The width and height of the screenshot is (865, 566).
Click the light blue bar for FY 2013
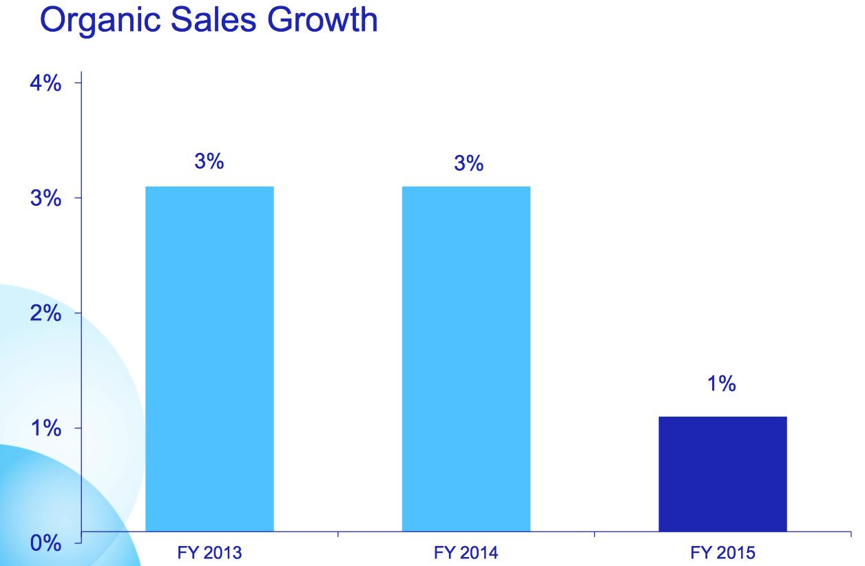(209, 358)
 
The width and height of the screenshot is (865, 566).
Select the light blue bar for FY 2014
(466, 358)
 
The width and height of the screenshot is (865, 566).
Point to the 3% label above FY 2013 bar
(209, 162)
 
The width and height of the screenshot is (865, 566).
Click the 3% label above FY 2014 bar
(469, 164)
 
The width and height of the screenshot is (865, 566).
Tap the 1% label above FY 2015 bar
(721, 384)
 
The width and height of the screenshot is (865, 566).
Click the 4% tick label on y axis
(46, 83)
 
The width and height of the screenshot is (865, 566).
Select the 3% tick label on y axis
(46, 199)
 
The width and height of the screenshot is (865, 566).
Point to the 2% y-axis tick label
(46, 314)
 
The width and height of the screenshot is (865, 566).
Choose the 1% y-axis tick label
(46, 429)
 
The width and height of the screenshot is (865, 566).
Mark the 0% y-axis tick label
(46, 543)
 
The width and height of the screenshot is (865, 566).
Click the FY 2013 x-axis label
(209, 552)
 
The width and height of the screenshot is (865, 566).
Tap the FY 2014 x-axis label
(466, 552)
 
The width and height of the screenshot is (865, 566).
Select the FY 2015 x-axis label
(722, 552)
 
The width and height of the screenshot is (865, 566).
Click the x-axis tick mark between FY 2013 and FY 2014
(338, 534)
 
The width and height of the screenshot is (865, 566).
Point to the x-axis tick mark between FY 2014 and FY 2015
(594, 534)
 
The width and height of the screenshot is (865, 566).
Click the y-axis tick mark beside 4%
(79, 83)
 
